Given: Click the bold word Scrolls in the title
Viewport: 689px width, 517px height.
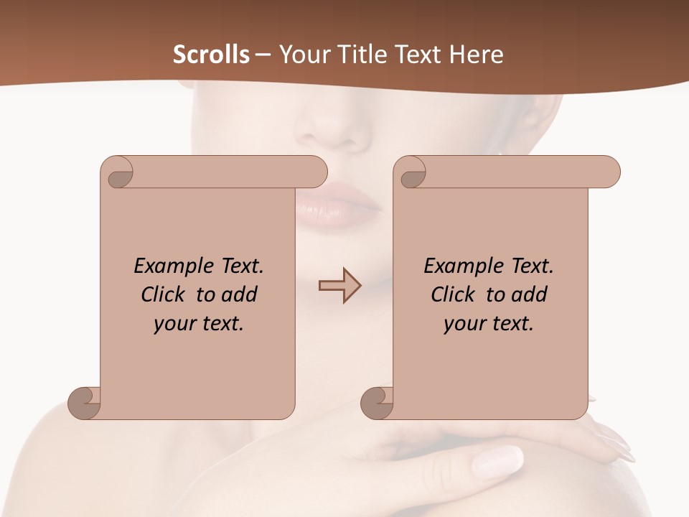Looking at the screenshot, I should tap(211, 55).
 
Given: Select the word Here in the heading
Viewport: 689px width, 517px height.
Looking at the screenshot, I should tap(476, 55).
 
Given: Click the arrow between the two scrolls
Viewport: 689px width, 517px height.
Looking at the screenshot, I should tap(339, 286).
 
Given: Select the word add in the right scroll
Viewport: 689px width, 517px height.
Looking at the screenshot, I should tap(530, 294).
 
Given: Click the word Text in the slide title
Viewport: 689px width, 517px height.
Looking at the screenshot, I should tap(416, 55).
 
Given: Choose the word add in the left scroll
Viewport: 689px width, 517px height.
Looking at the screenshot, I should tap(240, 294).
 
